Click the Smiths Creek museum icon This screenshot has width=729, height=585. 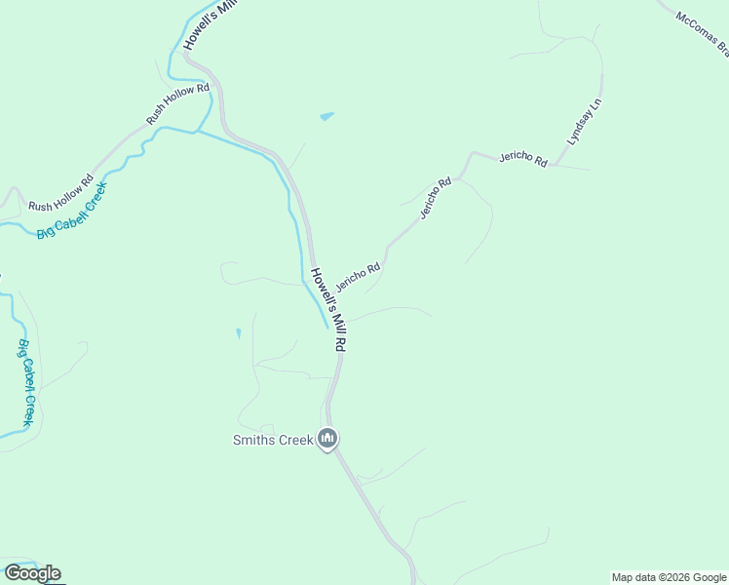pyautogui.click(x=328, y=440)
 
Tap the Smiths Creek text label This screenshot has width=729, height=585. pyautogui.click(x=273, y=440)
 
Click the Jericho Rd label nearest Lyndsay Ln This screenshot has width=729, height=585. pyautogui.click(x=523, y=158)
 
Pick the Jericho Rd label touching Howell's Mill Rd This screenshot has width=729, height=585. pyautogui.click(x=358, y=275)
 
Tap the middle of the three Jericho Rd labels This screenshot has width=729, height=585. pyautogui.click(x=436, y=197)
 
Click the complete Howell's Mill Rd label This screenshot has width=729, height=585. pyautogui.click(x=329, y=309)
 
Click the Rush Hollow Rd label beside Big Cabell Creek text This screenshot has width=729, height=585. pyautogui.click(x=60, y=193)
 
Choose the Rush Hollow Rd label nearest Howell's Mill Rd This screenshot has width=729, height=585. pyautogui.click(x=177, y=103)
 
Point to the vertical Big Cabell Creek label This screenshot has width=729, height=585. pyautogui.click(x=26, y=382)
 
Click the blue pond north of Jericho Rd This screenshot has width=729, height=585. pyautogui.click(x=326, y=117)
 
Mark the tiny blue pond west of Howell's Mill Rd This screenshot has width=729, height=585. pyautogui.click(x=239, y=333)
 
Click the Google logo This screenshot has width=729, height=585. pyautogui.click(x=32, y=573)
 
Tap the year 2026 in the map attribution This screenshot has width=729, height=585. pyautogui.click(x=671, y=577)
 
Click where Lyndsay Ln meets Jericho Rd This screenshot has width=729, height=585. pyautogui.click(x=554, y=165)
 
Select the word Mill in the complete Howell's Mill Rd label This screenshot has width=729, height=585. pyautogui.click(x=335, y=320)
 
